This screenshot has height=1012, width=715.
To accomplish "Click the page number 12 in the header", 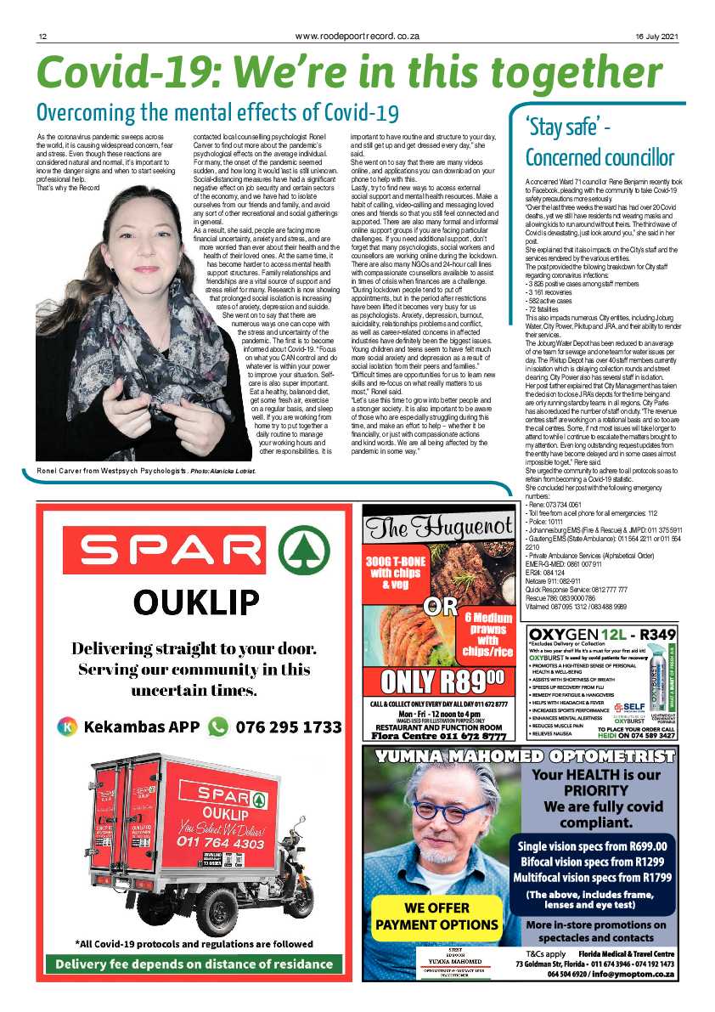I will point(41,36).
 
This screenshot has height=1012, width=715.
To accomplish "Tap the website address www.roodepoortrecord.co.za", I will point(357,36).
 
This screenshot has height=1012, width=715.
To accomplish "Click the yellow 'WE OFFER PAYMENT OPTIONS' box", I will point(436,914).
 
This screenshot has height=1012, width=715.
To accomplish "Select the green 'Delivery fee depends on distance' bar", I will point(194,964).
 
